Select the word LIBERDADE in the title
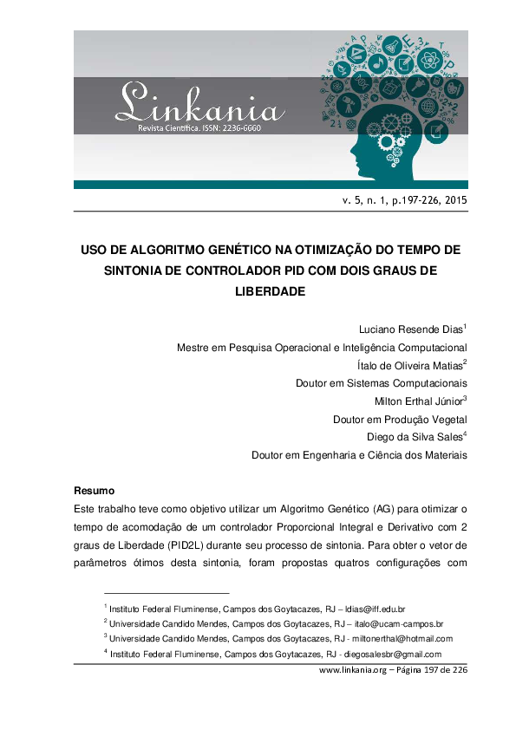tap(271, 291)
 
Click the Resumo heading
tap(94, 491)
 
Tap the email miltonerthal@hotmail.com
tap(402, 639)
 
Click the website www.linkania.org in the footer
tap(352, 670)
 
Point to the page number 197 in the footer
tap(428, 670)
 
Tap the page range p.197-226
tap(407, 200)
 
